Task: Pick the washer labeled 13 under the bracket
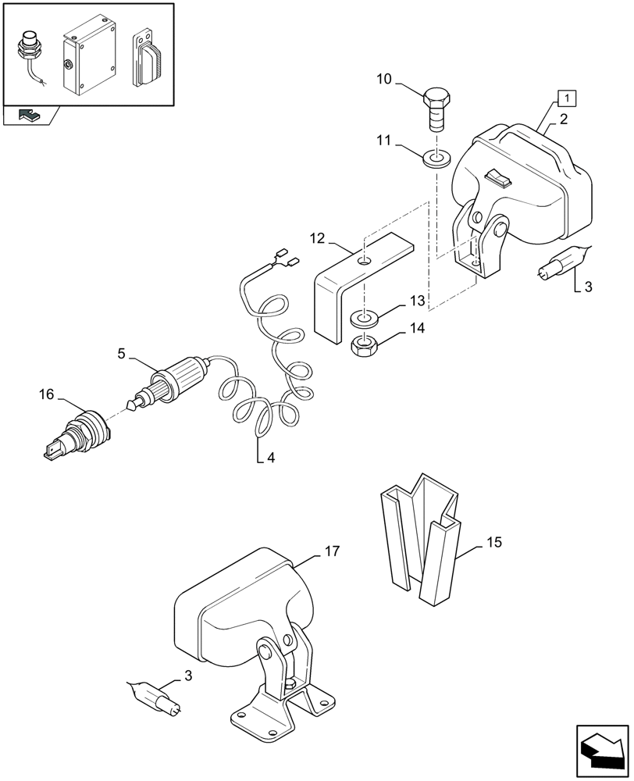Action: pos(364,318)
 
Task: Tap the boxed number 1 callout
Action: pos(566,99)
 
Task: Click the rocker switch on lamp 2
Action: pos(497,179)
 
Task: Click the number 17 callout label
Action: pos(332,551)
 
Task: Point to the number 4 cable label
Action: pos(270,458)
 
